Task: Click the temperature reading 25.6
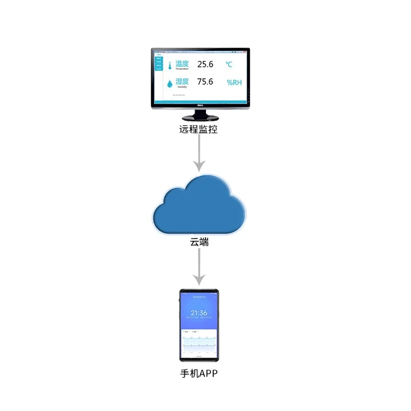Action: [205, 64]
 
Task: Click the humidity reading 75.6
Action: [205, 82]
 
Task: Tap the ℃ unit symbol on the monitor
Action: [229, 65]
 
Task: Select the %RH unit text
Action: [234, 82]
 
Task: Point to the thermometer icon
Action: [170, 65]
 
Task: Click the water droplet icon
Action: [170, 83]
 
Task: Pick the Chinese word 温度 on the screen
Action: [182, 64]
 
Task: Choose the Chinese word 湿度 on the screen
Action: [182, 81]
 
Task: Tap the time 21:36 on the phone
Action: [199, 313]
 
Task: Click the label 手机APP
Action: [199, 373]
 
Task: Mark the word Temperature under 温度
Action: [182, 69]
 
